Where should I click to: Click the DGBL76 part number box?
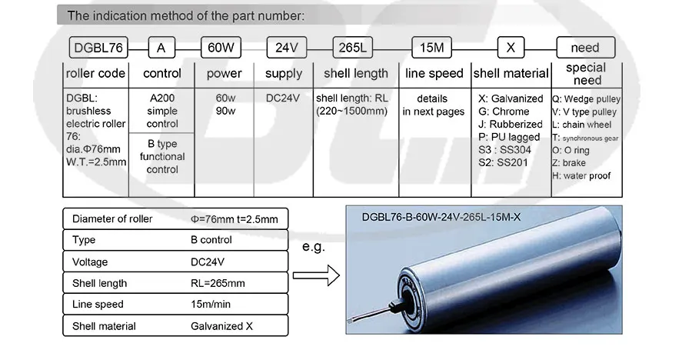coord(98,48)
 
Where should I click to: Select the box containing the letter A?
coord(161,48)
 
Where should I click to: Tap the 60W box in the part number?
coord(221,48)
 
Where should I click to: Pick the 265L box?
coord(353,48)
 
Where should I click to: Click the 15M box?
coord(431,48)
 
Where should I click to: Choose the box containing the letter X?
coord(511,48)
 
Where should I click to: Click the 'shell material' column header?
coord(511,73)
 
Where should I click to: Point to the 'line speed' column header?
coord(434,73)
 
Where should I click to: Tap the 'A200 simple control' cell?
coord(162,111)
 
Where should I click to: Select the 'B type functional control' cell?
coord(162,157)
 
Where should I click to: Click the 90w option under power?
coord(225,111)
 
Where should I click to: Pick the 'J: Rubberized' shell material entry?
coord(511,124)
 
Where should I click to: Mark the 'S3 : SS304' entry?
coord(504,150)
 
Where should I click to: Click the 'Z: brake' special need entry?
coord(569,163)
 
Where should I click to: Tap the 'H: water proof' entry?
coord(581,176)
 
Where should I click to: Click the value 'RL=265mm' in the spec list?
coord(218,283)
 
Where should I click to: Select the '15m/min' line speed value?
coord(211,305)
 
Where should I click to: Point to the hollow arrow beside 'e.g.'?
coord(316,275)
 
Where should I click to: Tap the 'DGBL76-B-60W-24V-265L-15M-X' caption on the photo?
coord(441,218)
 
